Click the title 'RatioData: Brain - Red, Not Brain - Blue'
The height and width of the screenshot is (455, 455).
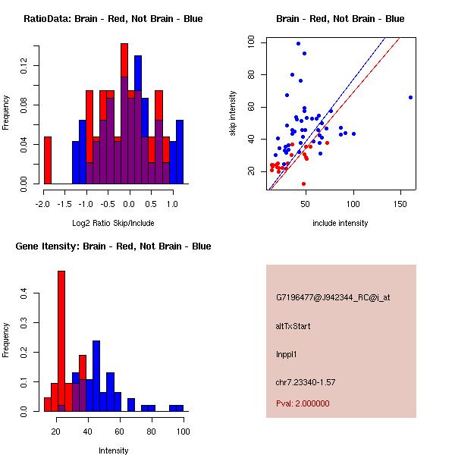click(x=112, y=19)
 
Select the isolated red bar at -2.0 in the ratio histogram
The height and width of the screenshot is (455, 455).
click(x=47, y=160)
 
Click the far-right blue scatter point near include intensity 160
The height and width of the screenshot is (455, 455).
click(x=410, y=97)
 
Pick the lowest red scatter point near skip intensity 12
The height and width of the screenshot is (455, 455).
click(x=303, y=184)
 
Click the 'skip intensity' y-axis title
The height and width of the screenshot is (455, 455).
click(x=234, y=114)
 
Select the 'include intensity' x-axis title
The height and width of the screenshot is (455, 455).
click(x=340, y=223)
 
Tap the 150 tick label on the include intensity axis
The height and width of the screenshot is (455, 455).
click(x=400, y=204)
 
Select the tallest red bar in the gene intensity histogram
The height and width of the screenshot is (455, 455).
click(x=61, y=341)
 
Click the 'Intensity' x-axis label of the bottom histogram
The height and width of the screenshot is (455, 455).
click(x=114, y=450)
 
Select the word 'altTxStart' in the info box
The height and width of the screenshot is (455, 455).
click(x=293, y=326)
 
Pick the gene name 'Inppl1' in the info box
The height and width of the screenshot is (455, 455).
click(x=288, y=353)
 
